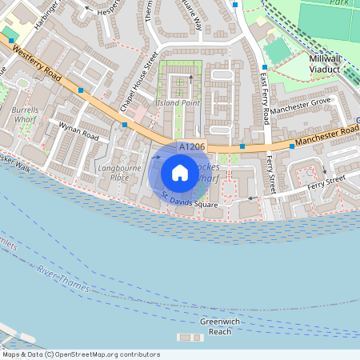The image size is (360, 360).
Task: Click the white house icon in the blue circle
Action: click(x=180, y=173)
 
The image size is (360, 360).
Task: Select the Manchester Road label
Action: click(x=324, y=138)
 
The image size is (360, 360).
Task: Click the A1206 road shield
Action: click(x=191, y=147)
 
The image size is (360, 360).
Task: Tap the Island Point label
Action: click(x=178, y=102)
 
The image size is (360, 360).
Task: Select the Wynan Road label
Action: click(x=78, y=130)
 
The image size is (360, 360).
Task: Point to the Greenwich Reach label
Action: click(x=215, y=326)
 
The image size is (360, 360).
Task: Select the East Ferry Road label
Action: click(x=264, y=97)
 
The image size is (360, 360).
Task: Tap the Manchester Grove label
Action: click(x=300, y=106)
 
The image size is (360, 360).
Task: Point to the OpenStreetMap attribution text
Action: click(x=80, y=354)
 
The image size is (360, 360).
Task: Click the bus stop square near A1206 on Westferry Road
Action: click(x=124, y=125)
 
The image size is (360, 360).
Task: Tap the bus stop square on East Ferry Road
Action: click(x=265, y=68)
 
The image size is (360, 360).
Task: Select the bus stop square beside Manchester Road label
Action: click(x=292, y=147)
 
